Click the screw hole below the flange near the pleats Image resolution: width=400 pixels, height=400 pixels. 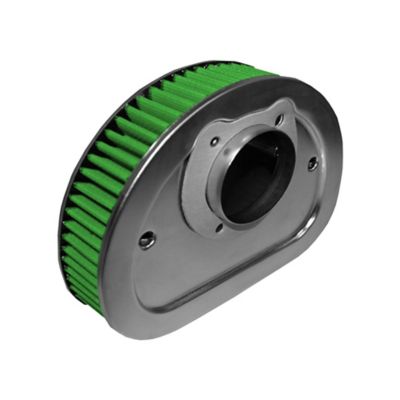tap(147, 239)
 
